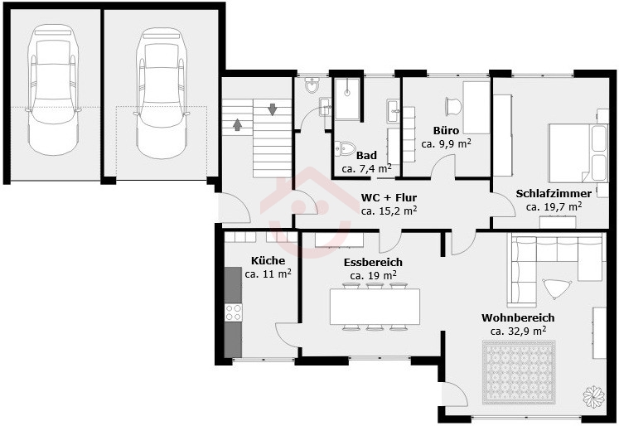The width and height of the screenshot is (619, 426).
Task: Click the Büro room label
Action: [x=446, y=131]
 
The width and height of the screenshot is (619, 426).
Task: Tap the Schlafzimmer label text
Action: [x=554, y=194]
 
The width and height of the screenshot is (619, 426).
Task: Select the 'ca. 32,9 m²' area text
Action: [x=519, y=331]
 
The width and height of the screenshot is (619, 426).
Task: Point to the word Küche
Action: [x=268, y=260]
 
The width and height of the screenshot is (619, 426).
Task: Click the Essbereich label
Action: [x=373, y=263]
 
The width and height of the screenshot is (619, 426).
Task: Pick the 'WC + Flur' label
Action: [x=389, y=197]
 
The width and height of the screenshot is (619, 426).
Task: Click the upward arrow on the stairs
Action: [x=237, y=124]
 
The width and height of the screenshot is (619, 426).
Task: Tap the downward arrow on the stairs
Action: [x=273, y=109]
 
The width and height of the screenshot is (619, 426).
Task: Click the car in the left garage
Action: [x=53, y=90]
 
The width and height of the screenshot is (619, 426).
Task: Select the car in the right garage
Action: [x=162, y=93]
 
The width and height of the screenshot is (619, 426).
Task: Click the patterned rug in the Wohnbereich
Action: [x=519, y=372]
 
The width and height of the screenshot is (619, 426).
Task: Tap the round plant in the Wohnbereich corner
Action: [x=594, y=396]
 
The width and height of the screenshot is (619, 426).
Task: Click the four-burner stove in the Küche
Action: [x=233, y=312]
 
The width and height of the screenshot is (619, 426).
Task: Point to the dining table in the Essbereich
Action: [x=375, y=307]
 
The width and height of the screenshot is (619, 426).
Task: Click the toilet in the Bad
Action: [x=345, y=148]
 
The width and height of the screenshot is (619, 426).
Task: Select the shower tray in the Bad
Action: [x=347, y=99]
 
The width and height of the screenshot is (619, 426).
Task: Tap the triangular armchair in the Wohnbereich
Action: [x=557, y=288]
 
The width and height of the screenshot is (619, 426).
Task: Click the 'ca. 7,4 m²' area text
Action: [x=367, y=168]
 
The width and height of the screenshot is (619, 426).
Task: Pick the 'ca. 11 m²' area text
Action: [x=268, y=274]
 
